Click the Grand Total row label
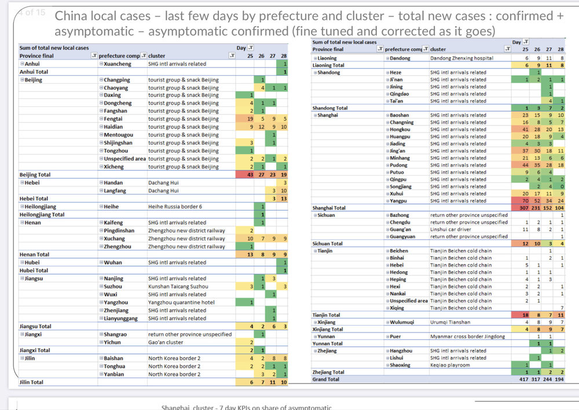pyautogui.click(x=326, y=379)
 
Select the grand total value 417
pyautogui.click(x=525, y=379)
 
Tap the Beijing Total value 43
pyautogui.click(x=250, y=175)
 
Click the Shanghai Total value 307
pyautogui.click(x=524, y=208)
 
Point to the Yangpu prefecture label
pyautogui.click(x=399, y=201)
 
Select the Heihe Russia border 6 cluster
pyautogui.click(x=175, y=206)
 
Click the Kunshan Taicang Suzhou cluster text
pyautogui.click(x=180, y=286)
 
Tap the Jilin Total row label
pyautogui.click(x=32, y=382)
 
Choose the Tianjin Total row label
pyautogui.click(x=326, y=315)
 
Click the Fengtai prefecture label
pyautogui.click(x=115, y=119)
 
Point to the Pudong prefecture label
pyautogui.click(x=399, y=165)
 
